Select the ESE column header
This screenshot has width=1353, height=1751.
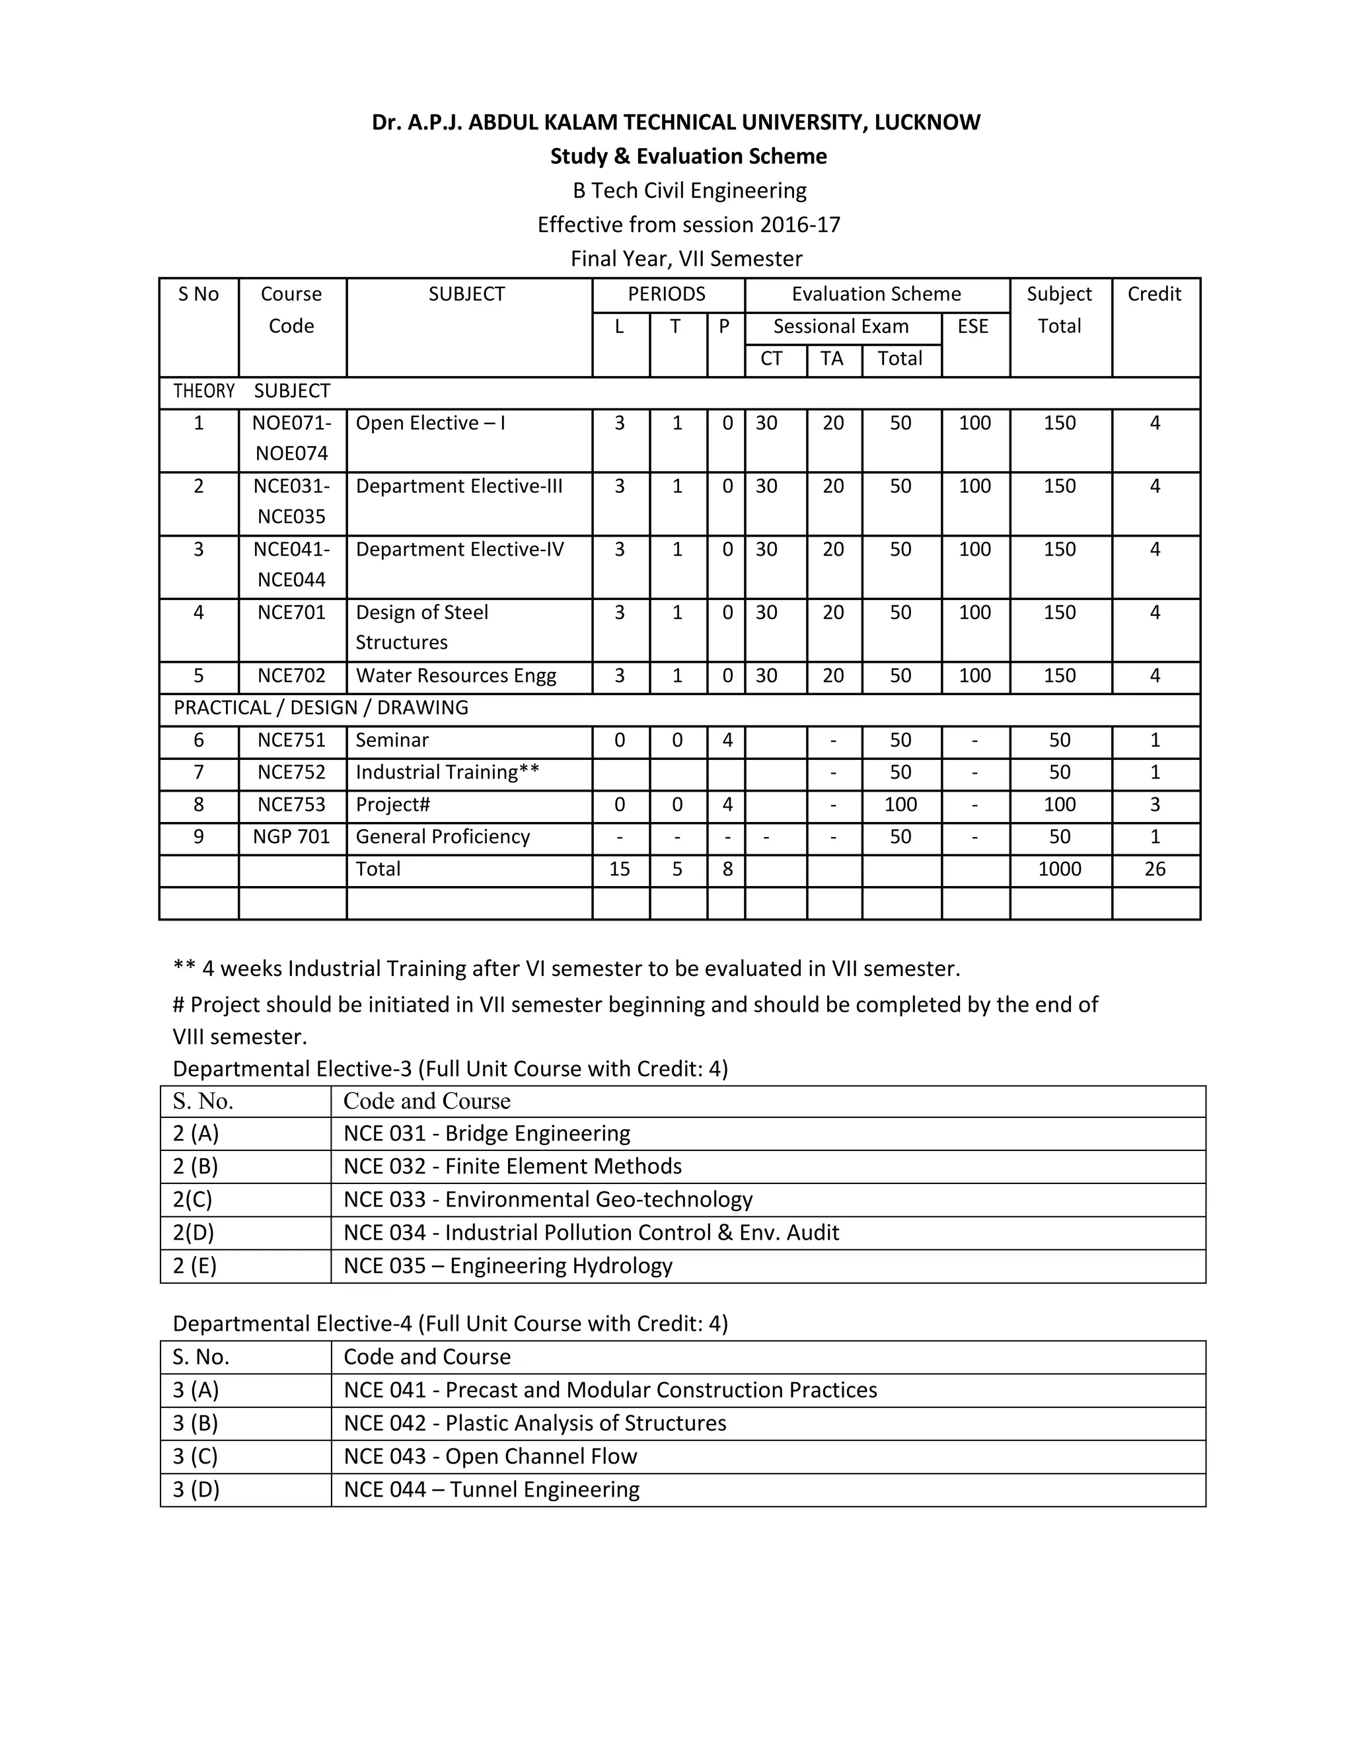click(x=973, y=326)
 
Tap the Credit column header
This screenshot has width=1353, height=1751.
click(x=1154, y=294)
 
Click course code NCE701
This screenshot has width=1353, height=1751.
click(x=292, y=613)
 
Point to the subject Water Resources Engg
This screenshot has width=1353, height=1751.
click(x=455, y=676)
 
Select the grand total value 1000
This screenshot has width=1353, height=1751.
click(x=1059, y=869)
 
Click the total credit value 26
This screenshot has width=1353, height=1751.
click(x=1154, y=869)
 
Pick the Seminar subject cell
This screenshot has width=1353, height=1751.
click(x=392, y=740)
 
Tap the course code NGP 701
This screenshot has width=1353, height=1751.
click(x=292, y=837)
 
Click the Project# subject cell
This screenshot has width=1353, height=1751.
click(x=393, y=805)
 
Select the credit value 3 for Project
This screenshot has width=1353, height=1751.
click(x=1154, y=805)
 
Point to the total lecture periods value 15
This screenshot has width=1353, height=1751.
click(x=620, y=869)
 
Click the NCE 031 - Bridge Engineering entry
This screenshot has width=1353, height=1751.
click(x=486, y=1134)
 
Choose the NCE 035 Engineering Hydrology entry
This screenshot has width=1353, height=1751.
click(x=507, y=1266)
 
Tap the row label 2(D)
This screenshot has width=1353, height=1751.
click(x=193, y=1232)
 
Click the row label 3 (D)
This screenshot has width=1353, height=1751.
click(x=196, y=1489)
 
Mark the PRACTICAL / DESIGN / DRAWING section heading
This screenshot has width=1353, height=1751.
click(x=320, y=708)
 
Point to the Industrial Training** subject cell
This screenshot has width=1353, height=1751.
click(x=447, y=773)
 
